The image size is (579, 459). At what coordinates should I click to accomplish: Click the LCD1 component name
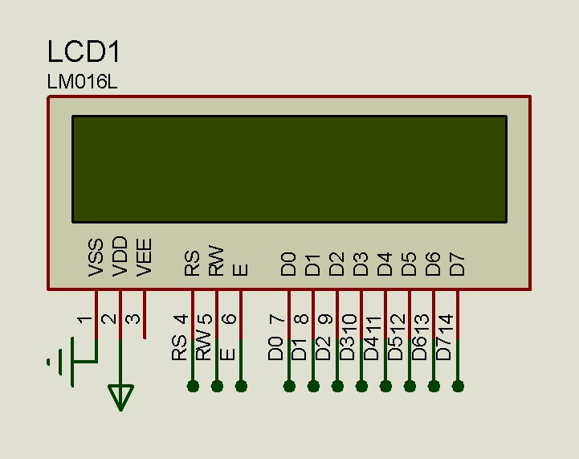(84, 52)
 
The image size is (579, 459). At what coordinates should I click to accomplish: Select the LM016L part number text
(83, 83)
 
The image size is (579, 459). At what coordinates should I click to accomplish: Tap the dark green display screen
(289, 169)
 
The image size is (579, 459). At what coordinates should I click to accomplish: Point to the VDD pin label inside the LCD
(120, 257)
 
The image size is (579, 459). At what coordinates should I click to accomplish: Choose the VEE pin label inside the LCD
(145, 258)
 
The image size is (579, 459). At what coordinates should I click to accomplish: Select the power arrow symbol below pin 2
(120, 396)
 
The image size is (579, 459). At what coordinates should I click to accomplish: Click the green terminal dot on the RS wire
(193, 386)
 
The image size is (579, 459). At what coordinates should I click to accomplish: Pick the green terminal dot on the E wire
(241, 386)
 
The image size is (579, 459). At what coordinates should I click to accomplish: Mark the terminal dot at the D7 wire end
(458, 386)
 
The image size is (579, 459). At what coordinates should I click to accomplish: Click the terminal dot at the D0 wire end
(289, 386)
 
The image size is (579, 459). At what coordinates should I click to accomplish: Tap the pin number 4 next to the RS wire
(181, 318)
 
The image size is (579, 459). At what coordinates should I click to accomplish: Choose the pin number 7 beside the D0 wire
(278, 318)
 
